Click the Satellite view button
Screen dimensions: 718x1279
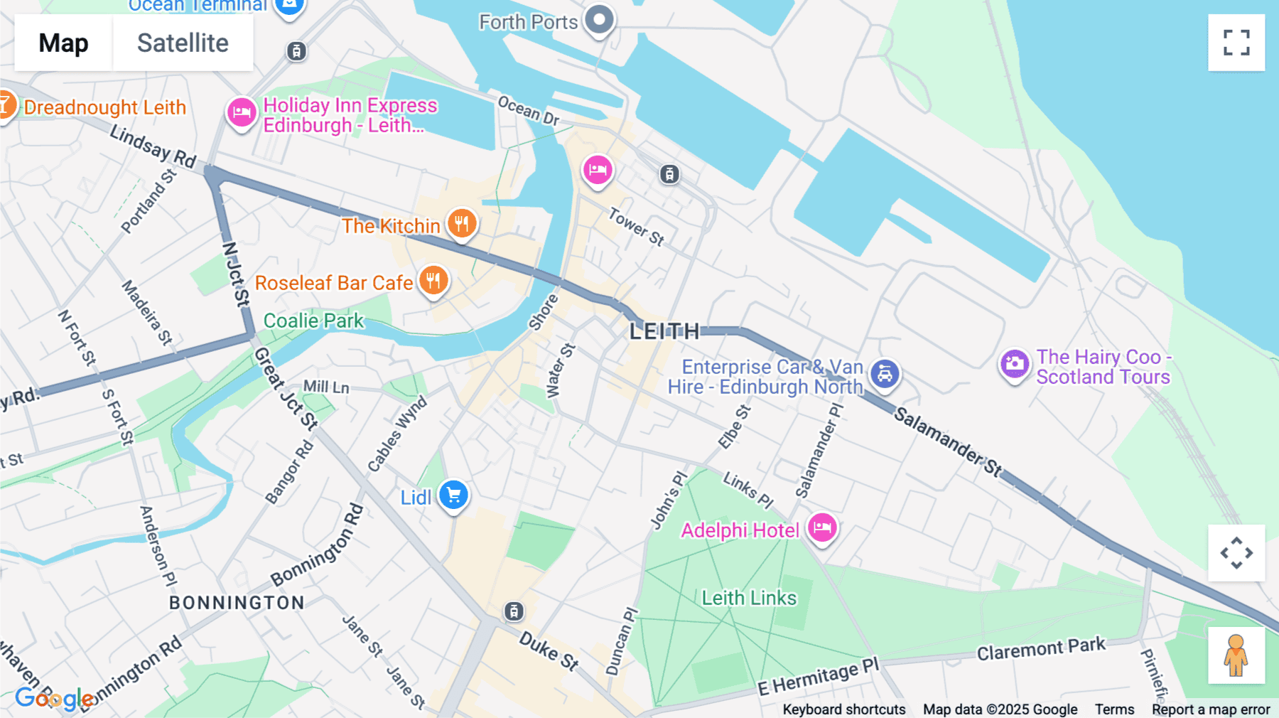click(x=183, y=43)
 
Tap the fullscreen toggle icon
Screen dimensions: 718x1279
click(x=1236, y=43)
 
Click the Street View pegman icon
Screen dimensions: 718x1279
click(x=1236, y=655)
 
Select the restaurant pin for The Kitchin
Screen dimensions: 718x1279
click(x=462, y=223)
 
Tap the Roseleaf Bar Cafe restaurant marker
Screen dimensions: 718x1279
click(x=433, y=280)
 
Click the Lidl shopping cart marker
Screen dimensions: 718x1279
click(x=453, y=495)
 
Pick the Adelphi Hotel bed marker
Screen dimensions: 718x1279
click(x=822, y=527)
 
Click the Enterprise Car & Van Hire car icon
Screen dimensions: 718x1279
click(x=885, y=373)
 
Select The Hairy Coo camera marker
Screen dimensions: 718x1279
click(x=1015, y=364)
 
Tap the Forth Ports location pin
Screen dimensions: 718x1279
click(x=600, y=20)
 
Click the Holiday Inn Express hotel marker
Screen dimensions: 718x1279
click(x=242, y=112)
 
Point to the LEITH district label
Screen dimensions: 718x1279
click(x=664, y=331)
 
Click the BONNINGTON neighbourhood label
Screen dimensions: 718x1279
click(x=237, y=603)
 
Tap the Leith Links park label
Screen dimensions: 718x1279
click(x=749, y=598)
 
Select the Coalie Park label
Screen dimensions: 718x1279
click(x=313, y=321)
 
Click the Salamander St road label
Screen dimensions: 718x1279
click(x=947, y=441)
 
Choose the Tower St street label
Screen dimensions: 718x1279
click(x=637, y=226)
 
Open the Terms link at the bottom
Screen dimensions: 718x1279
click(x=1114, y=709)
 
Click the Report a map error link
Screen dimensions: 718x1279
click(x=1211, y=709)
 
